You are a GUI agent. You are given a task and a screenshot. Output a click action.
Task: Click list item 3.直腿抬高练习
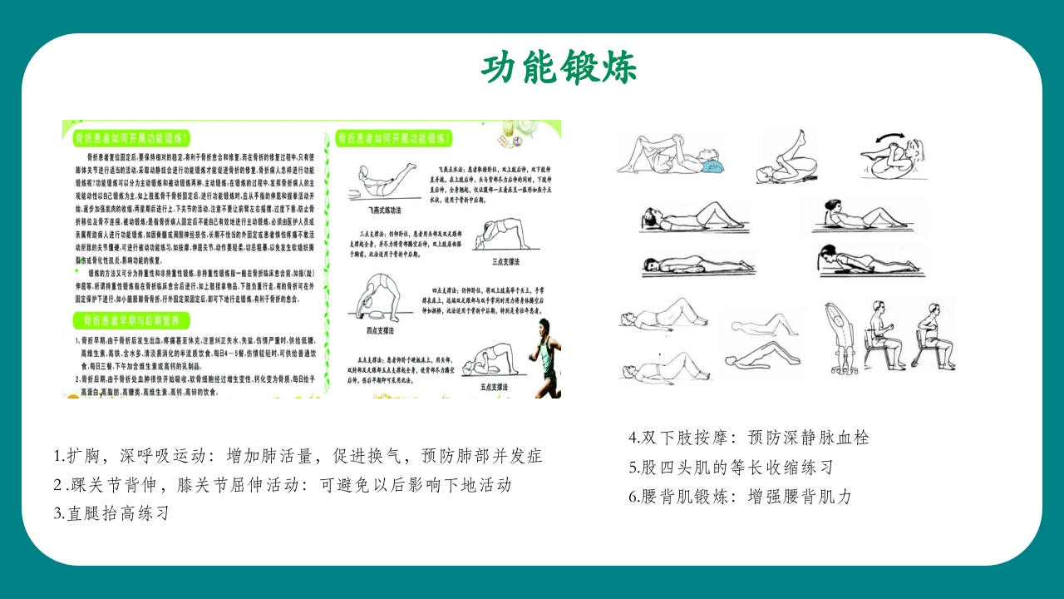click(x=112, y=513)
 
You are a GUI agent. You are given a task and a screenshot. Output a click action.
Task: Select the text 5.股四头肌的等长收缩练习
click(x=731, y=467)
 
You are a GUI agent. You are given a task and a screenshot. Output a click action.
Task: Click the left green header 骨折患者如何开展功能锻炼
click(x=131, y=137)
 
